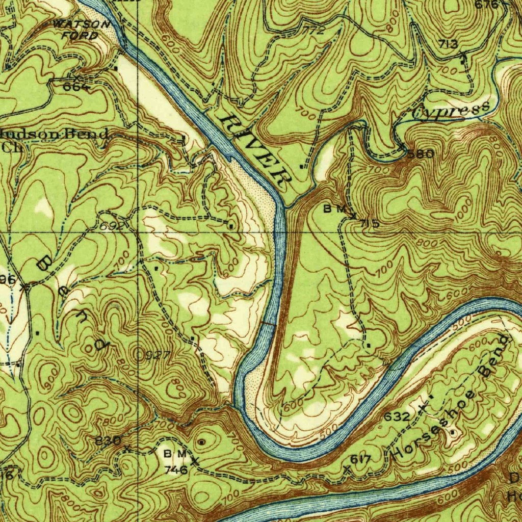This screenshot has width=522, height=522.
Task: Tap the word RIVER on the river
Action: point(253,149)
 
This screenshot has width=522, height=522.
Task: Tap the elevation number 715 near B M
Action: point(369,223)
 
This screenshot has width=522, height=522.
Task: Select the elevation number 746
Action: point(175,469)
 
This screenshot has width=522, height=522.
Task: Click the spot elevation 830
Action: point(108,440)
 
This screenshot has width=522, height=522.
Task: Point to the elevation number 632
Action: point(397,417)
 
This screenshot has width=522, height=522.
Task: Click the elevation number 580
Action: point(421,153)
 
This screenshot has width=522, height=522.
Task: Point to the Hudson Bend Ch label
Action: point(54,139)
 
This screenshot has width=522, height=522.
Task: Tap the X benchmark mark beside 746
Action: point(194,461)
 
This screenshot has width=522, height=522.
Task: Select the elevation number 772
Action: point(314,31)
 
